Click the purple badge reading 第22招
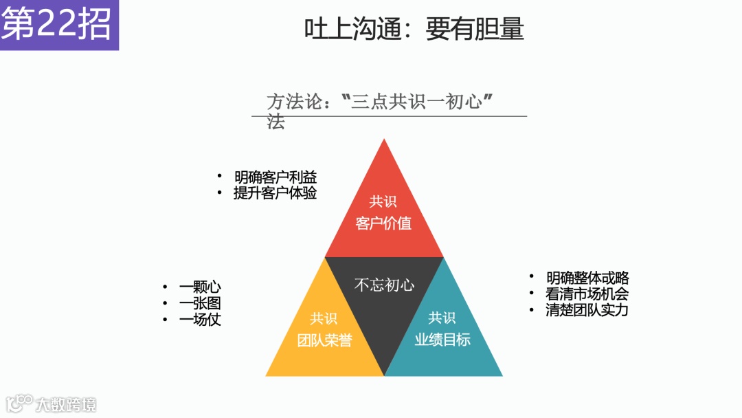point(58,25)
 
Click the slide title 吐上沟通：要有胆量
point(414,29)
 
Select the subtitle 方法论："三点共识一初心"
point(381,103)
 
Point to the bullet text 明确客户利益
point(275,177)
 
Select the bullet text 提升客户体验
point(275,192)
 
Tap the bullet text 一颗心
point(200,287)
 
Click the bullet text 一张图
point(200,303)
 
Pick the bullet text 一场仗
point(200,319)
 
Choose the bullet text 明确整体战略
point(587,278)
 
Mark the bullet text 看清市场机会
point(587,294)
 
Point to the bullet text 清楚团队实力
point(587,309)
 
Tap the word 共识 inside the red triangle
point(383,201)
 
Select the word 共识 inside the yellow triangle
point(324,318)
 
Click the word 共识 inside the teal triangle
point(442,318)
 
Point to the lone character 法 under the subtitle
point(276,123)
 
